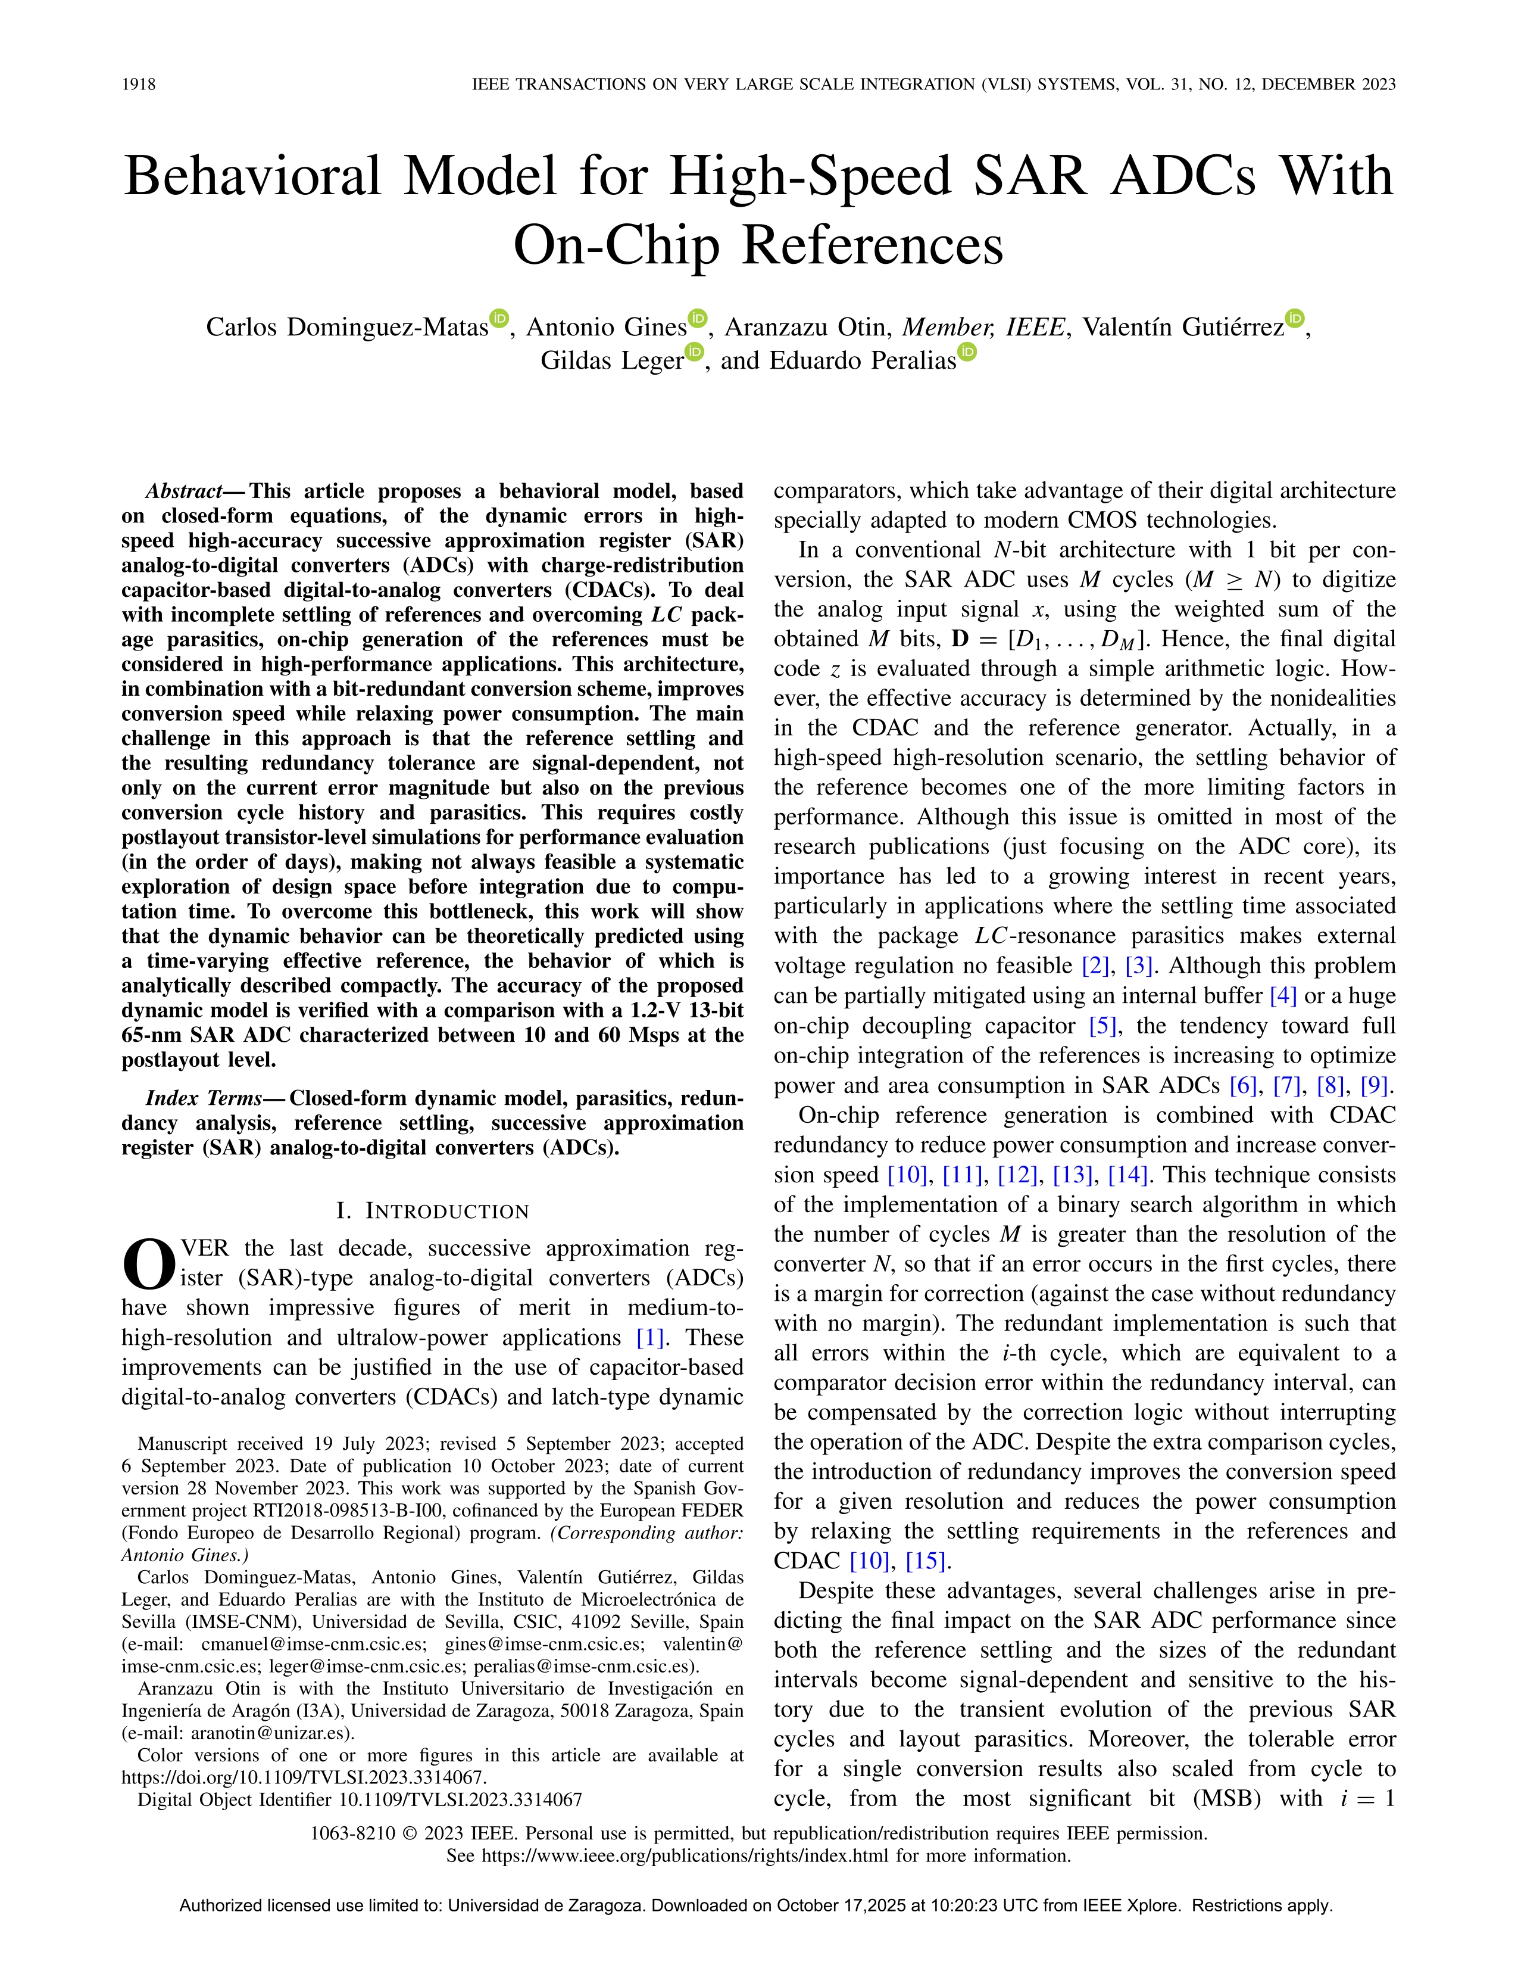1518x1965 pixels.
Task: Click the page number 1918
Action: [139, 85]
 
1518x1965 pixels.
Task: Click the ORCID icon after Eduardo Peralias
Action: [967, 352]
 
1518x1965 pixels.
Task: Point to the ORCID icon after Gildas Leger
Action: [694, 352]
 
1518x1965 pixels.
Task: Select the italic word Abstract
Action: [183, 491]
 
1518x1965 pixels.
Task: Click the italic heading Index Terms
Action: [203, 1098]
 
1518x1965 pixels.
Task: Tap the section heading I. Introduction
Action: [433, 1211]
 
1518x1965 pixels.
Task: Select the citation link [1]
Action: [651, 1338]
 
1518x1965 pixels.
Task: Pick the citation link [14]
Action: [1127, 1175]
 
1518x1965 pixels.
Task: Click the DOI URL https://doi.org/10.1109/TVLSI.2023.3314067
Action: [303, 1777]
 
